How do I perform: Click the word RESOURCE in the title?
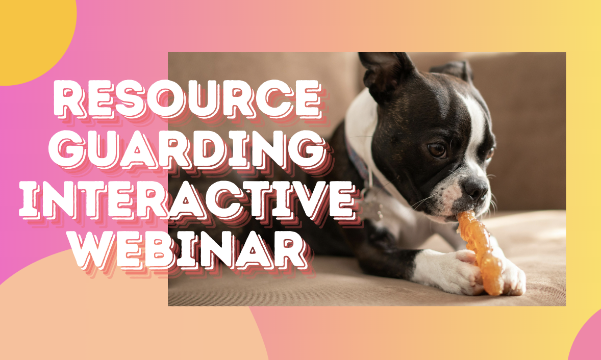tap(188, 99)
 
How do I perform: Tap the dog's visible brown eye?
tap(437, 149)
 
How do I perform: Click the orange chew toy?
tap(480, 253)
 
